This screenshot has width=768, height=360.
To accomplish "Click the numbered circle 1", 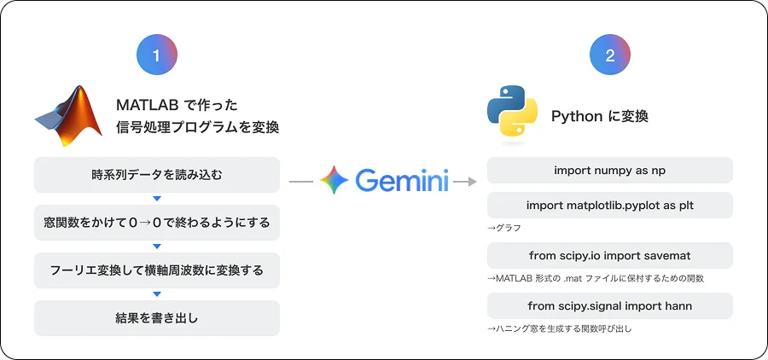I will click(156, 56).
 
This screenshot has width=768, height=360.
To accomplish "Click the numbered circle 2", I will click(609, 56).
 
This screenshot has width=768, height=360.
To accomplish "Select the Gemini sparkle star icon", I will click(334, 181).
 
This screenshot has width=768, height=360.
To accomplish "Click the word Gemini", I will click(402, 181).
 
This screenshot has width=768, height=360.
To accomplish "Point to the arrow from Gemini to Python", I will click(465, 181).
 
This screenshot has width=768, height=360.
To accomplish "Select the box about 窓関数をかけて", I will click(156, 223).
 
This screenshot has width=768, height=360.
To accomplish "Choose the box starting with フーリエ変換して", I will click(156, 270).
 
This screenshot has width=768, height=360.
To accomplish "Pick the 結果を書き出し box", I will click(156, 318).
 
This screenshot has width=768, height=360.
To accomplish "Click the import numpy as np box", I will click(609, 171).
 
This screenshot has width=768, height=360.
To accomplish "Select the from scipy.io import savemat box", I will click(609, 255).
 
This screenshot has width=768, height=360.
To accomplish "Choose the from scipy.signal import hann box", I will click(609, 305).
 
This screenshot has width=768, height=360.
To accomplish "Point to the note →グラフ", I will click(503, 228).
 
